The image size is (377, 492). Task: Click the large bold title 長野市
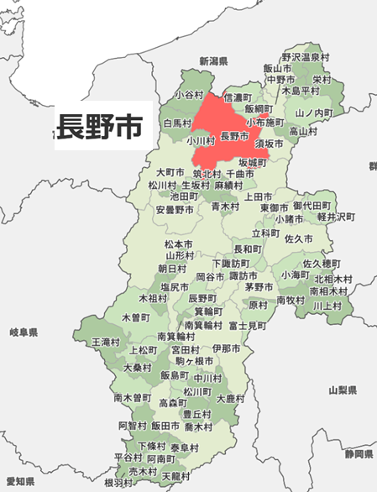pos(99,127)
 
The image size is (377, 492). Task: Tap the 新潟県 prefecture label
pos(213,62)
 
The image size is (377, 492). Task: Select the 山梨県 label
pos(343,390)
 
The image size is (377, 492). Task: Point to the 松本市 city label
pos(179,243)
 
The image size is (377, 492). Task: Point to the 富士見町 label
pos(247,325)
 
